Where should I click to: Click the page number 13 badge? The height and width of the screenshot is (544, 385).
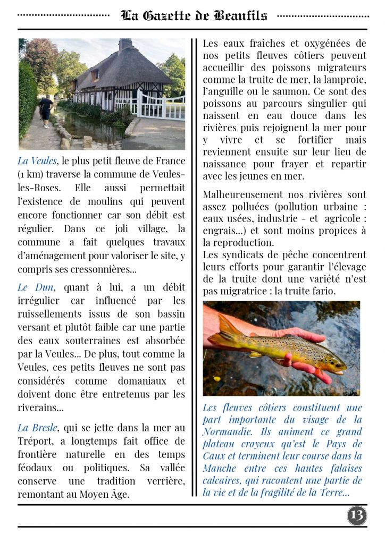[x=357, y=515]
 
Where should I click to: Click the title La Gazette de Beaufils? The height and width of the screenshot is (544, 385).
[x=194, y=16]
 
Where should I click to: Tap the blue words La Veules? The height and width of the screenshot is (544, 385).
[x=37, y=161]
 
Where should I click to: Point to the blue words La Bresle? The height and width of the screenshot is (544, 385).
[x=37, y=428]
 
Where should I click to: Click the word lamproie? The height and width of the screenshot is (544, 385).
[x=347, y=80]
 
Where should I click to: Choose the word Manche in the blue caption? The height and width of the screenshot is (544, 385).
[x=220, y=468]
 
